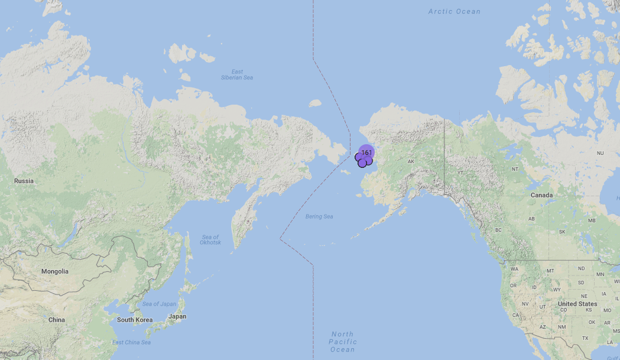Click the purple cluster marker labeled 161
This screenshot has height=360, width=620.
(x=366, y=153)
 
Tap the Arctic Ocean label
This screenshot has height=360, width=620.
(x=455, y=11)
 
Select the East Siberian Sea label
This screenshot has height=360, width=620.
(x=236, y=74)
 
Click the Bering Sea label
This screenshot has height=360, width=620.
(x=319, y=217)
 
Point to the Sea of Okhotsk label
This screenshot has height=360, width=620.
(x=210, y=240)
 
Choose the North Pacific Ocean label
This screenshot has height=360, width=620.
(x=343, y=342)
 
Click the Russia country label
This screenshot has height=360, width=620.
(x=24, y=181)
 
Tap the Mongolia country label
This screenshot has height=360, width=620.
(x=54, y=271)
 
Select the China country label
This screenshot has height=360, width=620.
(x=57, y=320)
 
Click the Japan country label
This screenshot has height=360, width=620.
(x=177, y=316)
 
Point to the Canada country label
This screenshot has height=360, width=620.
(x=541, y=195)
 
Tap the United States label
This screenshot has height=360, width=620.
(x=577, y=304)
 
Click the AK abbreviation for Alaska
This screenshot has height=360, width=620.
(x=411, y=161)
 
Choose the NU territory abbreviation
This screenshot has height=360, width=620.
(x=600, y=153)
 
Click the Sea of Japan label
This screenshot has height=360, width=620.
(x=159, y=304)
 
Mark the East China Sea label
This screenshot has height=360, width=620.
(x=131, y=342)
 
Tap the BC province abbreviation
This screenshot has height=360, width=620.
(x=498, y=230)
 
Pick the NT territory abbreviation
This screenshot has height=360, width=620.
(x=515, y=169)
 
